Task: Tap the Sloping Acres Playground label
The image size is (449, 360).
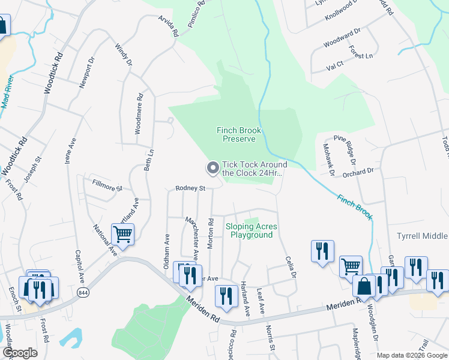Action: point(252,230)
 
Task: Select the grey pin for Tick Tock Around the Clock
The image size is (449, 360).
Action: point(212,168)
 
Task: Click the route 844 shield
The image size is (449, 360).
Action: point(82,292)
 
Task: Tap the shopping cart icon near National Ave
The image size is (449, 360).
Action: point(122,234)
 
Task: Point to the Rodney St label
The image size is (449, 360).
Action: point(190,188)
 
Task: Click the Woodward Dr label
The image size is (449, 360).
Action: point(342,38)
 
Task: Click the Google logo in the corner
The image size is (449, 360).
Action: point(20,353)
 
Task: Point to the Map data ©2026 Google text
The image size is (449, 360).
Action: point(412,355)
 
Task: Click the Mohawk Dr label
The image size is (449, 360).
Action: point(328,160)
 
